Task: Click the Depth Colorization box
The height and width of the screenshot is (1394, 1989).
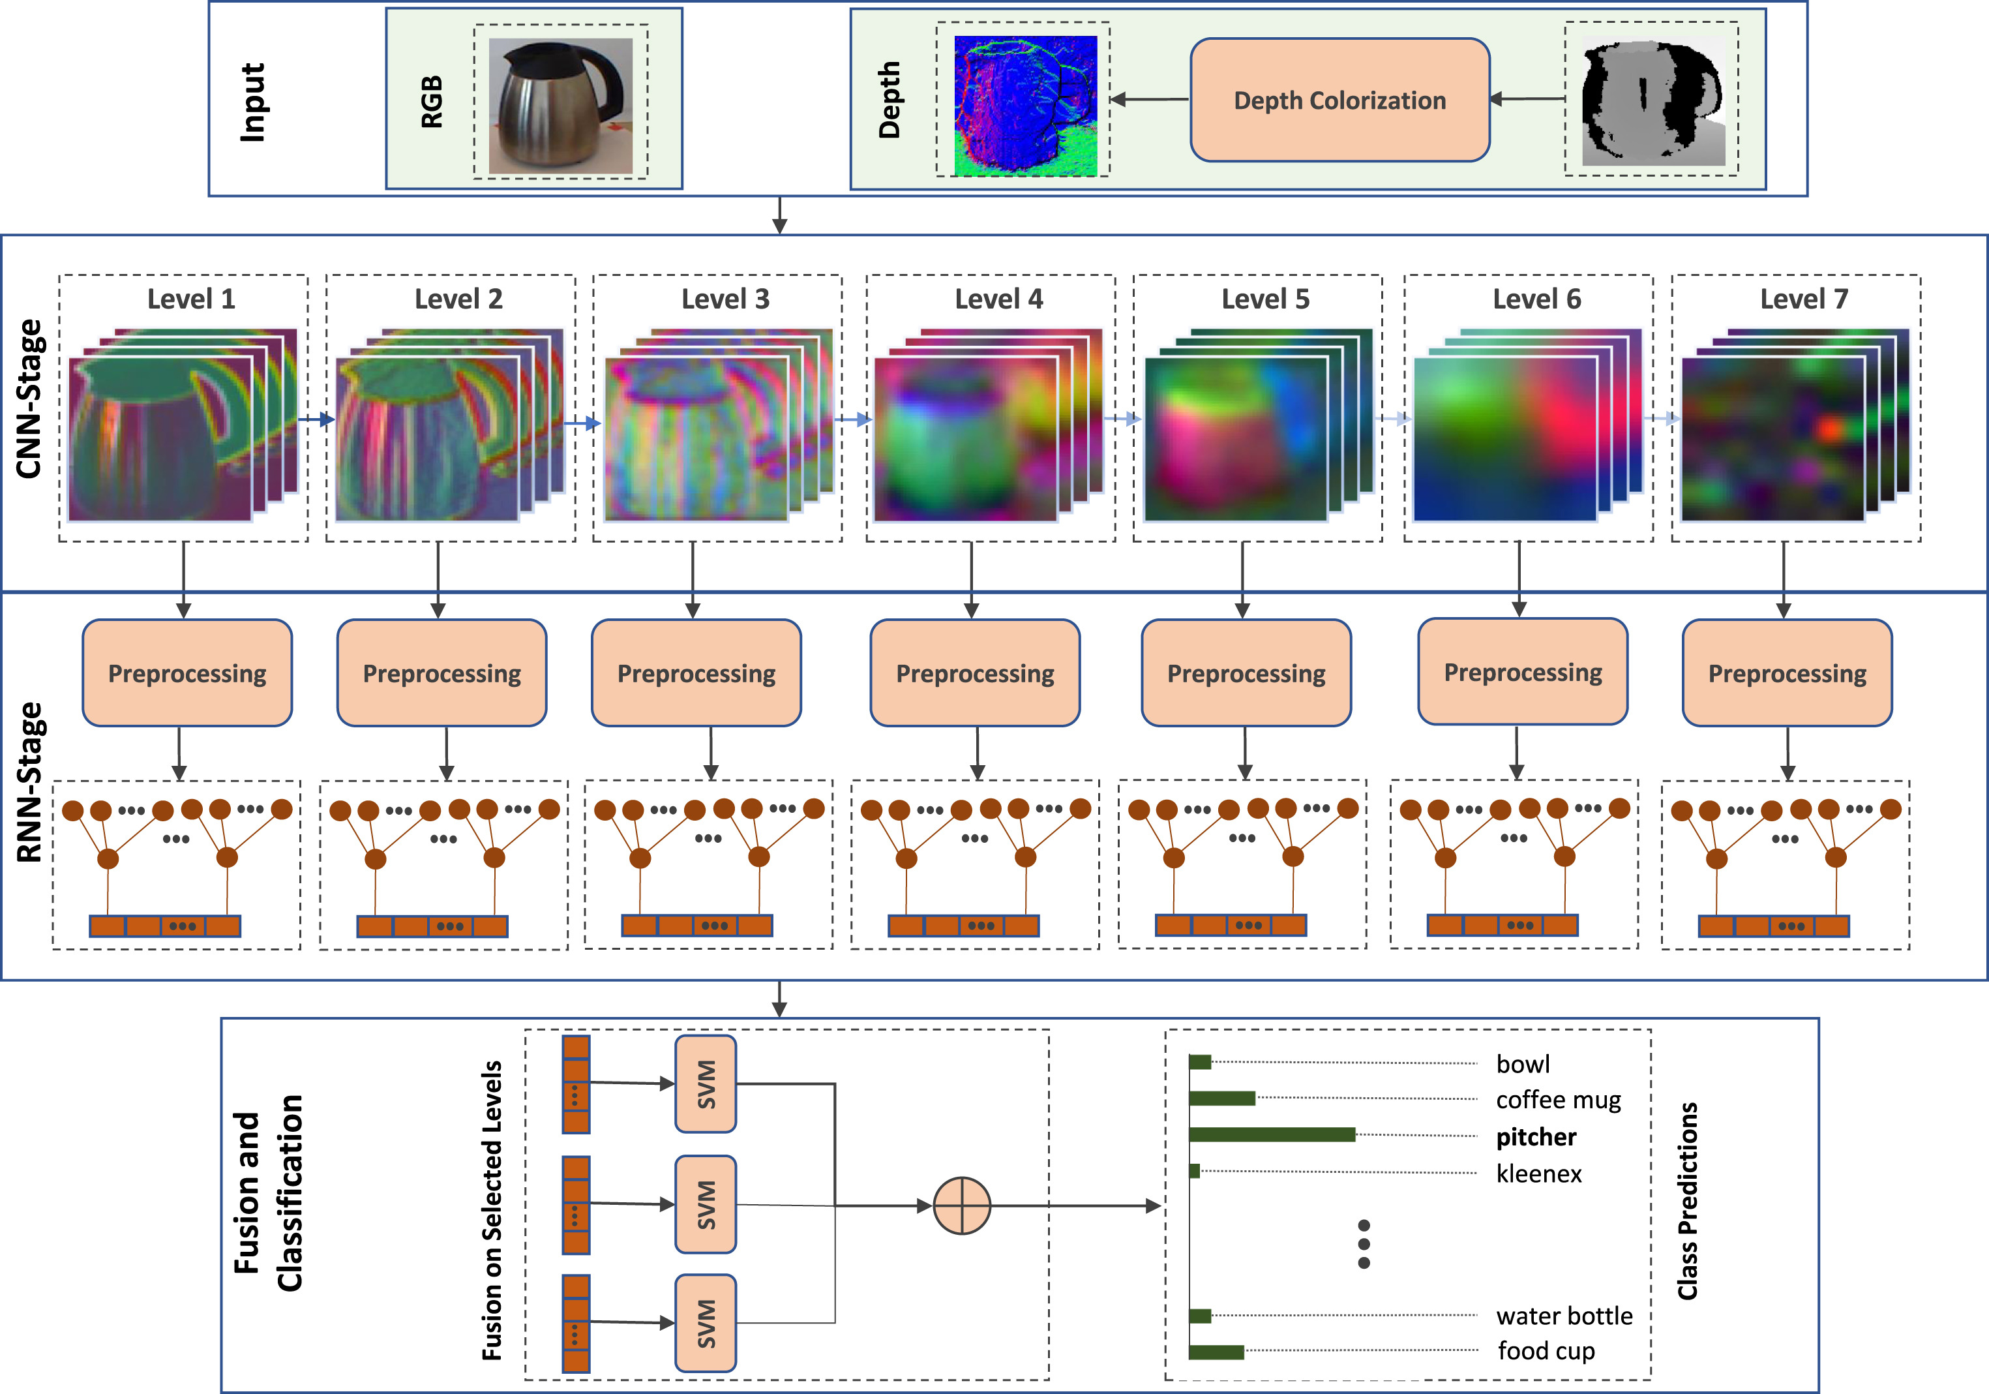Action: [x=1339, y=100]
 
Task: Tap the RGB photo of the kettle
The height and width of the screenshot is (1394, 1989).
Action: [x=560, y=106]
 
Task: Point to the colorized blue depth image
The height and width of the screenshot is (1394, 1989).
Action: [x=1026, y=106]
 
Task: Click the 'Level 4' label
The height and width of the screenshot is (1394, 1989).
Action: [x=999, y=299]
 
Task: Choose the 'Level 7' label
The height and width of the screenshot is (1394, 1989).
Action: [x=1804, y=299]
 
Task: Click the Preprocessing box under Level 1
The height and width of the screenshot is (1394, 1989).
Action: [x=187, y=673]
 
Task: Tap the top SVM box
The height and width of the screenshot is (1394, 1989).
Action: [x=706, y=1084]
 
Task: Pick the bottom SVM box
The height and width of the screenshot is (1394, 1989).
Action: [x=706, y=1323]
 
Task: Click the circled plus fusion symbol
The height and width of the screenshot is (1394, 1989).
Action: [x=962, y=1205]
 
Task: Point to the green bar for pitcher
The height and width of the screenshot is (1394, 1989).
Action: [x=1272, y=1135]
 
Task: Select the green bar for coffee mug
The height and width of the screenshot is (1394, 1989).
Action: [x=1221, y=1099]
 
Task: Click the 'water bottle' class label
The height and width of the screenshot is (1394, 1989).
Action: [x=1564, y=1316]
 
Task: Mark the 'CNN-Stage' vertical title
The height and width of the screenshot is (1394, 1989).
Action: [x=29, y=399]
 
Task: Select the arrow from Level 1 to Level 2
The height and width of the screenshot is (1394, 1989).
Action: [x=316, y=420]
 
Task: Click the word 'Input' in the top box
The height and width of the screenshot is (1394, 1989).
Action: [x=252, y=102]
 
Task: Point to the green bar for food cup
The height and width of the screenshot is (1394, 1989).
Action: [x=1216, y=1352]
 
